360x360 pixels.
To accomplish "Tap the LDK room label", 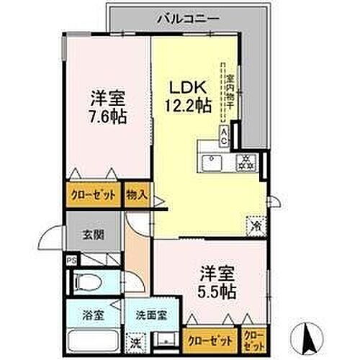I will point(189,86).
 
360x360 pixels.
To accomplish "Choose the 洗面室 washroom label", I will point(151,315).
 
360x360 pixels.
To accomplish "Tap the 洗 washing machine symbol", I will point(135,342).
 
